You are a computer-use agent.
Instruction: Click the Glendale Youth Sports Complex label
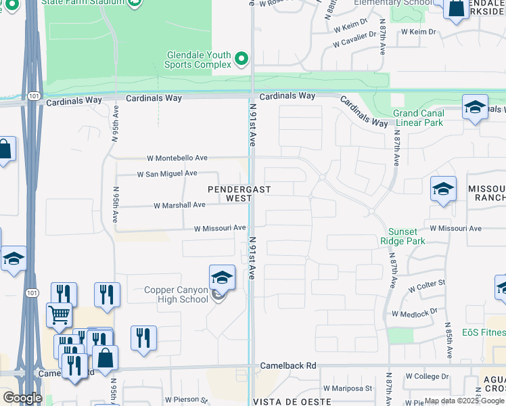click(x=199, y=60)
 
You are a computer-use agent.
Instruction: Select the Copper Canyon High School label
click(x=177, y=295)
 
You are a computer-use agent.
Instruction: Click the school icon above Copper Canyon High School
click(x=221, y=277)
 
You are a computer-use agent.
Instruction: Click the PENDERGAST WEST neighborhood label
click(x=229, y=194)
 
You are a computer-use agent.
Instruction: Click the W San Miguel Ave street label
click(x=167, y=174)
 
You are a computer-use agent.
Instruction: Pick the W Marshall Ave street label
click(x=179, y=205)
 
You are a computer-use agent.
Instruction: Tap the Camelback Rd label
click(x=288, y=366)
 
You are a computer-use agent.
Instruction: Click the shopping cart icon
click(x=59, y=314)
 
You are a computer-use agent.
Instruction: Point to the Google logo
click(x=22, y=398)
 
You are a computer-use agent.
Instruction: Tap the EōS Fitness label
click(x=483, y=332)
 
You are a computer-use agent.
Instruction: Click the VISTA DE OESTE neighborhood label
click(x=281, y=402)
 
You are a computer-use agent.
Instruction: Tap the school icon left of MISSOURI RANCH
click(x=443, y=189)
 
